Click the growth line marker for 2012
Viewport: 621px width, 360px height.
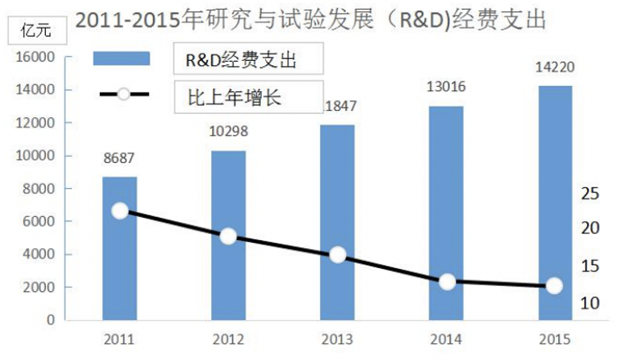pyautogui.click(x=228, y=236)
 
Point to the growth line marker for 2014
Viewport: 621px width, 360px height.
pyautogui.click(x=447, y=281)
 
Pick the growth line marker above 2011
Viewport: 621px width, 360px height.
pyautogui.click(x=120, y=211)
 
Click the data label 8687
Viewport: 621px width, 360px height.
pyautogui.click(x=119, y=158)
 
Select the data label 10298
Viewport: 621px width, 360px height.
pyautogui.click(x=228, y=132)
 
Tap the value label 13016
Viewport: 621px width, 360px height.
pyautogui.click(x=446, y=87)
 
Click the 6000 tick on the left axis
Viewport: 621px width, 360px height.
pyautogui.click(x=39, y=221)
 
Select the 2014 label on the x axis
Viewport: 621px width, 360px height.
pyautogui.click(x=446, y=340)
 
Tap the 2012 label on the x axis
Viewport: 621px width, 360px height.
pyautogui.click(x=228, y=340)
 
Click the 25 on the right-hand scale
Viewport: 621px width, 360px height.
pyautogui.click(x=589, y=194)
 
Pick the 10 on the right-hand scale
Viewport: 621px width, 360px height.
pyautogui.click(x=589, y=303)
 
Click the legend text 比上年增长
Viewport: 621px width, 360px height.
pyautogui.click(x=230, y=96)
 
